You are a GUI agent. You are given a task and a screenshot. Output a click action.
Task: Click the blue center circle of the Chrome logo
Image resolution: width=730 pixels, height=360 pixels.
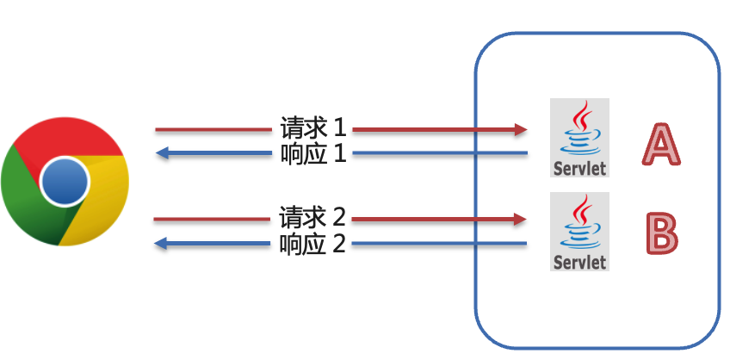[x=65, y=181]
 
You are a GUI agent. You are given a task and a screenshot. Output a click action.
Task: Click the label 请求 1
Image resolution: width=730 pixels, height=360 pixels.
[x=312, y=128]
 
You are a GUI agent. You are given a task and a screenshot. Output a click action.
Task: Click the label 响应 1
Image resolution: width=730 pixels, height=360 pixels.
[x=312, y=154]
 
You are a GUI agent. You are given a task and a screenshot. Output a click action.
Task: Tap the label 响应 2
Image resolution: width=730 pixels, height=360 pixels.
[x=312, y=245]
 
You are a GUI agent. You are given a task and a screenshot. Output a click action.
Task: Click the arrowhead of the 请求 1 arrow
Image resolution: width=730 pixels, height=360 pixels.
[x=521, y=129]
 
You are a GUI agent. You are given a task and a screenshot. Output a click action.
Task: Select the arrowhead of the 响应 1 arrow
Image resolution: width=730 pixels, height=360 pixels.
[x=161, y=154]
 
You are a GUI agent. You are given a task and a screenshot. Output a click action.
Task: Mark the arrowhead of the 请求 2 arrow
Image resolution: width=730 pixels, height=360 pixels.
[x=521, y=219]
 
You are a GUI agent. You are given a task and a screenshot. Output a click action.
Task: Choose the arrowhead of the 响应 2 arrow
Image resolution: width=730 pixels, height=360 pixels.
[x=161, y=245]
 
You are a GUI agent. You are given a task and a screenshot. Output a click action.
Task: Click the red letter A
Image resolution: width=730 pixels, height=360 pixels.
[x=660, y=144]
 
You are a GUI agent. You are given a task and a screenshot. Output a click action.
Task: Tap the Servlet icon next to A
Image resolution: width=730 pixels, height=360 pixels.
[x=580, y=138]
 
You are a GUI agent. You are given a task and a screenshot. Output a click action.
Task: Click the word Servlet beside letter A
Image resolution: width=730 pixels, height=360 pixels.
[x=580, y=167]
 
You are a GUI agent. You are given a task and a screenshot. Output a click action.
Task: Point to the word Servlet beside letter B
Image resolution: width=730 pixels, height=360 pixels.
[x=580, y=262]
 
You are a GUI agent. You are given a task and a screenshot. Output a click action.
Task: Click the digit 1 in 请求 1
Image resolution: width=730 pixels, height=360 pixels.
[x=339, y=128]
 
